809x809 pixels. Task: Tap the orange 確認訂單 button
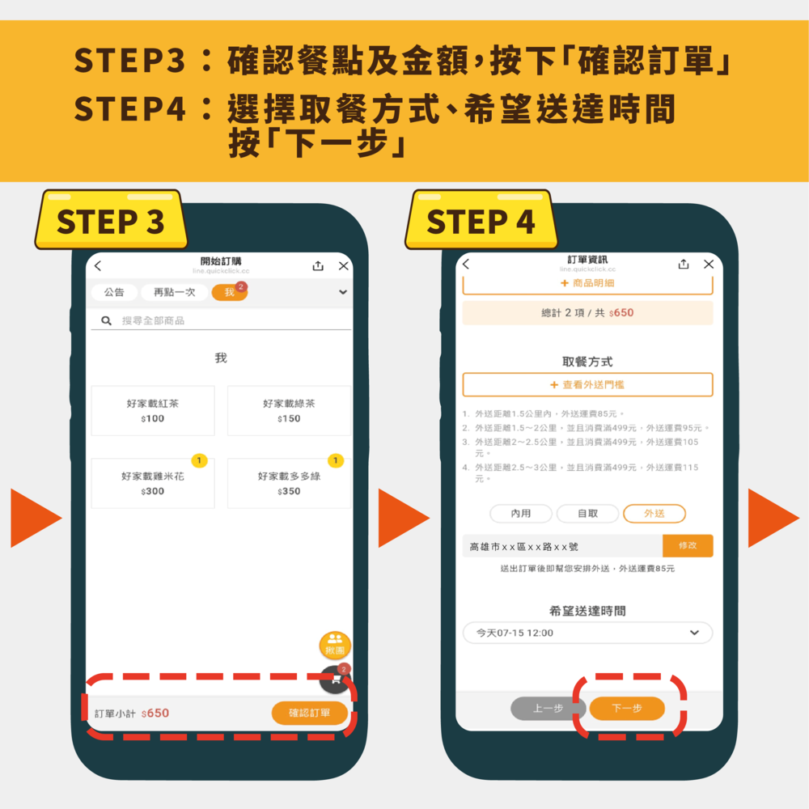click(310, 713)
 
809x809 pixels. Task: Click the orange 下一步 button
click(627, 709)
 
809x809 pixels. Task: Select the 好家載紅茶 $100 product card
click(153, 410)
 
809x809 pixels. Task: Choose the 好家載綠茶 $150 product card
click(289, 410)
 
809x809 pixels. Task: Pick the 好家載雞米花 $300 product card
click(153, 484)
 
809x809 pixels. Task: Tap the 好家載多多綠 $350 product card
click(289, 484)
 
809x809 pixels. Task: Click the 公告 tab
click(114, 293)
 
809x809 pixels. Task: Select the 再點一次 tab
click(175, 293)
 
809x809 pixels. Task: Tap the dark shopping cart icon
click(335, 680)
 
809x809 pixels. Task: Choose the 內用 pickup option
click(521, 514)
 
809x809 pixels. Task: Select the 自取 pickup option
click(588, 514)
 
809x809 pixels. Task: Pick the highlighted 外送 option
click(654, 514)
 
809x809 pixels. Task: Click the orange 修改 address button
click(688, 546)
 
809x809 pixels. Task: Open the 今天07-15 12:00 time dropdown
click(587, 633)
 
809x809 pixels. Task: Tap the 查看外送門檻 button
click(587, 385)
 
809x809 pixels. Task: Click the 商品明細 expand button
click(587, 283)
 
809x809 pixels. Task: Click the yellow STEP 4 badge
click(481, 221)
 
